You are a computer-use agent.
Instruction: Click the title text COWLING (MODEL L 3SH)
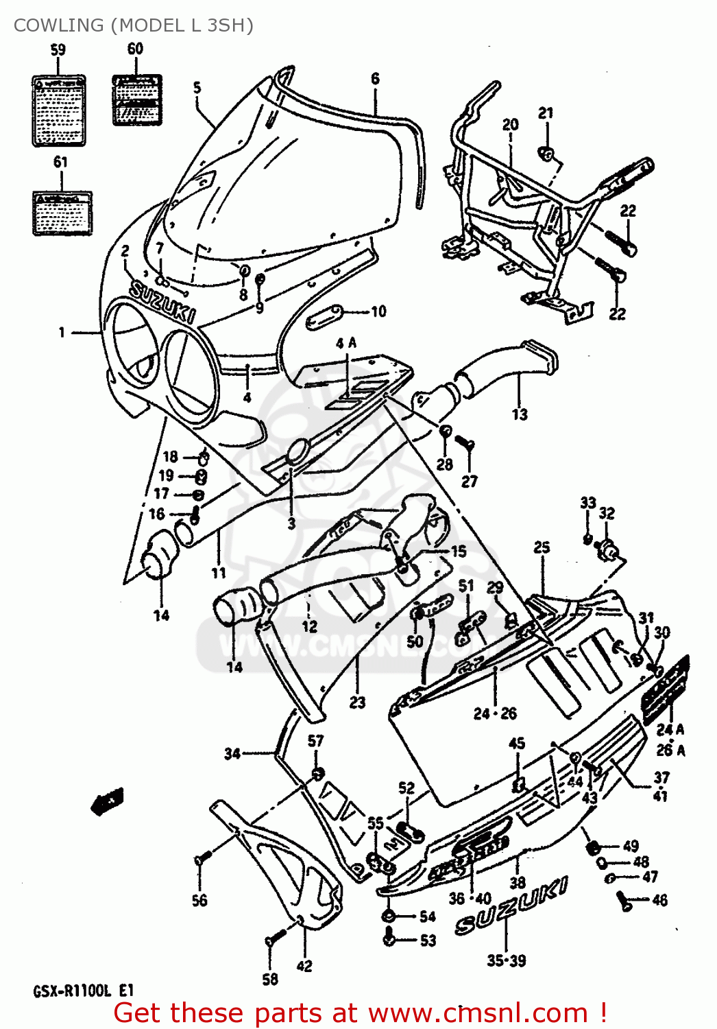click(x=133, y=25)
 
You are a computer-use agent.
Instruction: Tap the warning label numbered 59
click(x=59, y=110)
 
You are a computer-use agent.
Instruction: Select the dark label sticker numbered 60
click(x=137, y=100)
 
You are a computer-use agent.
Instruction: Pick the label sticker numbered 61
click(x=62, y=213)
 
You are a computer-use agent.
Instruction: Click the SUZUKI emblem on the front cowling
click(x=162, y=303)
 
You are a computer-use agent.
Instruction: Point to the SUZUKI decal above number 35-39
click(x=511, y=907)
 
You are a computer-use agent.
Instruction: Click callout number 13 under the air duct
click(x=520, y=414)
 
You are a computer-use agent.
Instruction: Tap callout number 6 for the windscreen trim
click(x=375, y=79)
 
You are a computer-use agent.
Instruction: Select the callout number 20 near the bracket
click(x=511, y=125)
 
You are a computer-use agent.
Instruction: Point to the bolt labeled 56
click(x=202, y=858)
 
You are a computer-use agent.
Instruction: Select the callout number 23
click(x=357, y=702)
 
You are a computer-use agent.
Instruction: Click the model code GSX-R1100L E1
click(x=83, y=991)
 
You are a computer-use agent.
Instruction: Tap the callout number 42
click(x=304, y=966)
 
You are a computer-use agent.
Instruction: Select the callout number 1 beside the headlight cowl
click(x=62, y=333)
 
